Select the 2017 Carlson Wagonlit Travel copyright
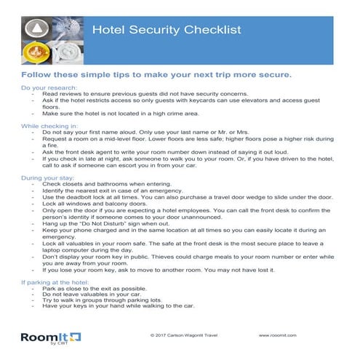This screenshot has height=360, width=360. click(183, 336)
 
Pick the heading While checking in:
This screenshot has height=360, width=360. click(51, 125)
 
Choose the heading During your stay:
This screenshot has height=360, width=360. click(49, 179)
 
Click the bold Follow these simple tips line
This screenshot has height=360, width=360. click(156, 76)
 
